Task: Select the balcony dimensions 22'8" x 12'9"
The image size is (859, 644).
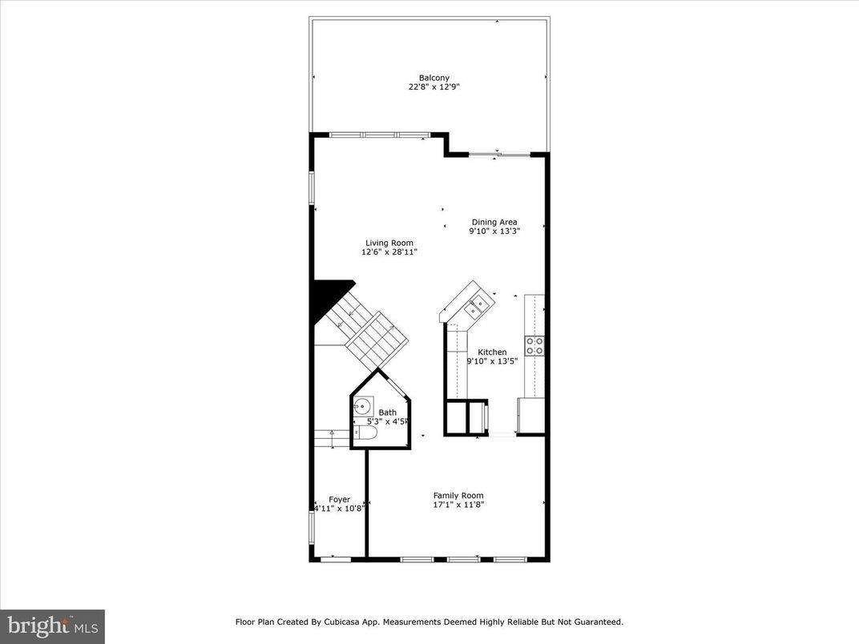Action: [x=434, y=87]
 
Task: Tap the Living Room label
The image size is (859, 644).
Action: [x=389, y=243]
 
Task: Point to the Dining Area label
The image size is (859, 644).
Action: [x=494, y=222]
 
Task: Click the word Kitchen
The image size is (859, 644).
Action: [x=492, y=352]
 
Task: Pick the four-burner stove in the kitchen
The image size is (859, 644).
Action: [x=534, y=345]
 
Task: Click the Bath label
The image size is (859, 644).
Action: [x=388, y=413]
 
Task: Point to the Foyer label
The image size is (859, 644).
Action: [x=339, y=499]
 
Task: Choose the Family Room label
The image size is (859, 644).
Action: [x=458, y=495]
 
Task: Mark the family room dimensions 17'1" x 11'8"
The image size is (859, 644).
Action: [x=458, y=505]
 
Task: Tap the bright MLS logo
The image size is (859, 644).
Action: [x=52, y=626]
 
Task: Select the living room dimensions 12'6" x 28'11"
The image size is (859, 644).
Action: [x=389, y=252]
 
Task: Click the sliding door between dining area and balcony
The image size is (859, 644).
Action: [x=498, y=154]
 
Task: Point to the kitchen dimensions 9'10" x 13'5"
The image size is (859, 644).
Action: [x=492, y=361]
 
